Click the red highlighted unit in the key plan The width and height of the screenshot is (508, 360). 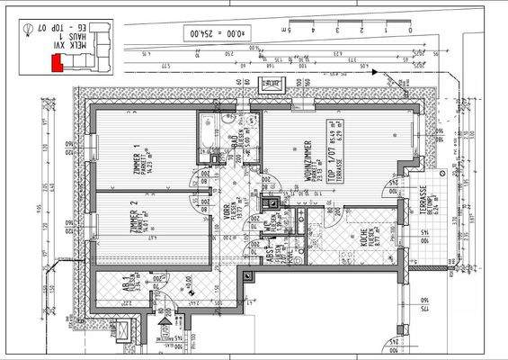tap(56, 63)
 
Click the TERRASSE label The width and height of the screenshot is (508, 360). tap(423, 209)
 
